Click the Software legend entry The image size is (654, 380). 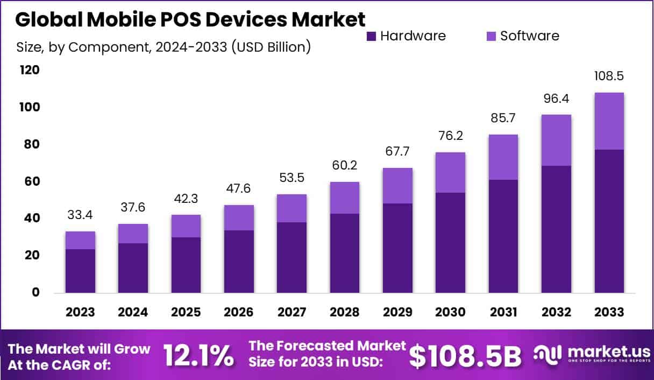[522, 36]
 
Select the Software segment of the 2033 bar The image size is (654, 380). [609, 121]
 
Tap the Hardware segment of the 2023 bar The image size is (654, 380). [81, 271]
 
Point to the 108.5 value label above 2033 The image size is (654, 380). [609, 76]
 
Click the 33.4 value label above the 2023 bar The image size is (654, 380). [81, 215]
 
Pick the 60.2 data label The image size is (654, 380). [345, 166]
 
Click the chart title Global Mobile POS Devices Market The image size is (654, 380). [190, 19]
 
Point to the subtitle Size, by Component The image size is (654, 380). [163, 47]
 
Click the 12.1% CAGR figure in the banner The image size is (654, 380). [198, 355]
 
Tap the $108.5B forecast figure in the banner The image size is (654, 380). [466, 355]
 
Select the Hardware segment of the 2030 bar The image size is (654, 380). [451, 242]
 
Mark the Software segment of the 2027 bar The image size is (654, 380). [292, 208]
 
